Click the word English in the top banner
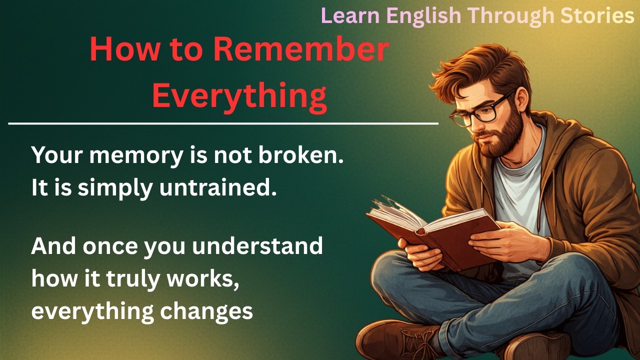(423, 15)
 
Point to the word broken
(301, 156)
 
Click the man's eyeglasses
(480, 110)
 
